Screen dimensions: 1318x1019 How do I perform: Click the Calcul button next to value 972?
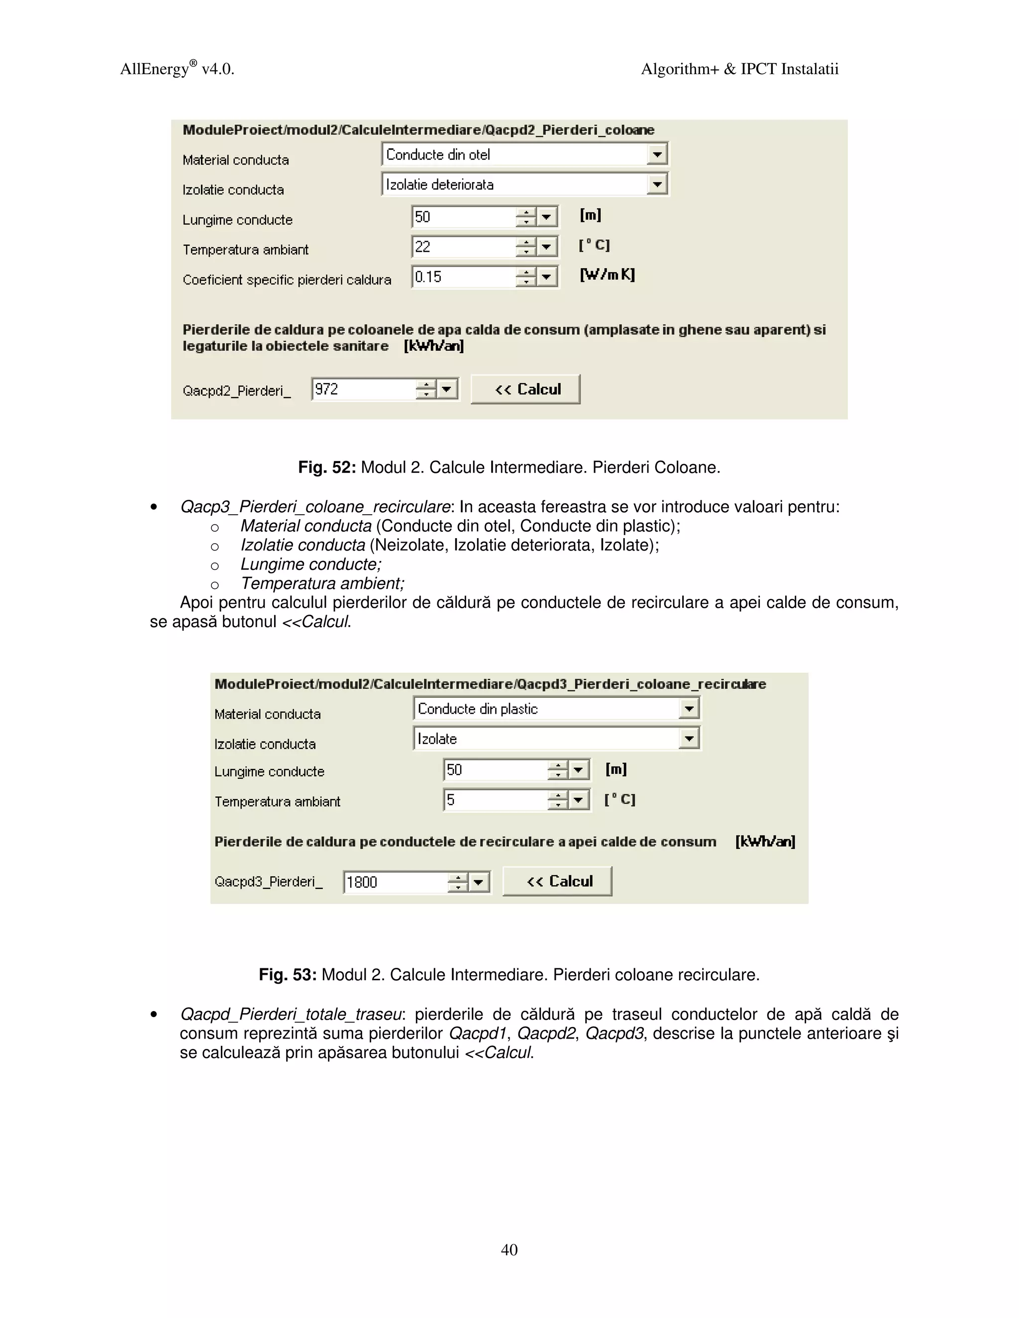pyautogui.click(x=525, y=389)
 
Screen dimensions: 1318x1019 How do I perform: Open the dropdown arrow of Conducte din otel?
pyautogui.click(x=657, y=155)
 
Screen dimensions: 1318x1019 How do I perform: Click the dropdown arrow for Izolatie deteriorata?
pyautogui.click(x=657, y=184)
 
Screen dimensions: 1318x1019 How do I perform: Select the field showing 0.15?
pyautogui.click(x=463, y=277)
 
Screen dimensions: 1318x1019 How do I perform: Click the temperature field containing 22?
pyautogui.click(x=463, y=247)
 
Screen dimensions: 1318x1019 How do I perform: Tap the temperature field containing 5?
pyautogui.click(x=495, y=800)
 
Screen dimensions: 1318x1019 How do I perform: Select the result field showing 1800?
pyautogui.click(x=396, y=882)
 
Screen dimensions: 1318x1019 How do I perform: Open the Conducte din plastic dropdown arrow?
pyautogui.click(x=688, y=708)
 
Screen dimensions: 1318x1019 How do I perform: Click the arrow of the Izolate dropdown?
pyautogui.click(x=688, y=738)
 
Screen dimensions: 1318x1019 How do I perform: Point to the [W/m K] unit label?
pyautogui.click(x=608, y=275)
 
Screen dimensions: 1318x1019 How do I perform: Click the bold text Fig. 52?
pyautogui.click(x=326, y=468)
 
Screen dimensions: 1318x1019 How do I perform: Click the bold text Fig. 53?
pyautogui.click(x=288, y=975)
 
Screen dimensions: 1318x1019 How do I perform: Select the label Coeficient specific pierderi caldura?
pyautogui.click(x=287, y=280)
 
